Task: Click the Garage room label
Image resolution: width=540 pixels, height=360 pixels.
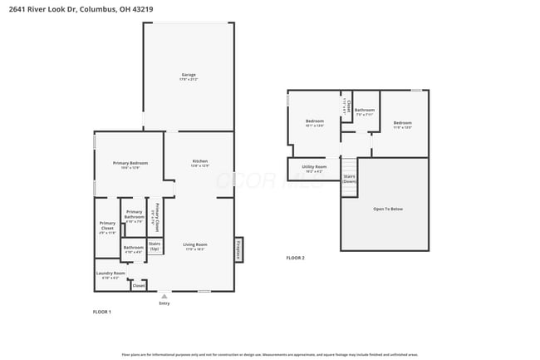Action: [x=189, y=76]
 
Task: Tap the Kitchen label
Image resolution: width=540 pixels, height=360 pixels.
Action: [x=200, y=162]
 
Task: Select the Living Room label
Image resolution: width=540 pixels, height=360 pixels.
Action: [x=194, y=245]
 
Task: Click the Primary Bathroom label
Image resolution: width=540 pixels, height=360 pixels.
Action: [x=134, y=215]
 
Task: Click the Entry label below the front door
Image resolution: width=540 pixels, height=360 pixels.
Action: [x=164, y=303]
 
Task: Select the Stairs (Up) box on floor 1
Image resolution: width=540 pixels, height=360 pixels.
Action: [x=155, y=246]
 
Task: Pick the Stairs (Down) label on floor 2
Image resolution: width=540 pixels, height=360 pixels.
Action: [x=349, y=179]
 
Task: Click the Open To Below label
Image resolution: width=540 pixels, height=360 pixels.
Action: [x=387, y=209]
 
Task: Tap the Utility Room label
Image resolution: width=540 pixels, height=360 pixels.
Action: [x=314, y=168]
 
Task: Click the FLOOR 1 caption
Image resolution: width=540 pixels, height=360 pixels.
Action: [x=101, y=312]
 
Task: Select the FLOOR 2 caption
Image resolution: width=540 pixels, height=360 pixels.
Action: [x=295, y=259]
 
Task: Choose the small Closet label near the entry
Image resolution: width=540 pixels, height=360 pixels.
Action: [x=139, y=285]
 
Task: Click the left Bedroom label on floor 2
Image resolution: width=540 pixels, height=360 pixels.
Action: [x=314, y=122]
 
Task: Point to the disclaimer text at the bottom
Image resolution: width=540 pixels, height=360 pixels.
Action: [x=270, y=353]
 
